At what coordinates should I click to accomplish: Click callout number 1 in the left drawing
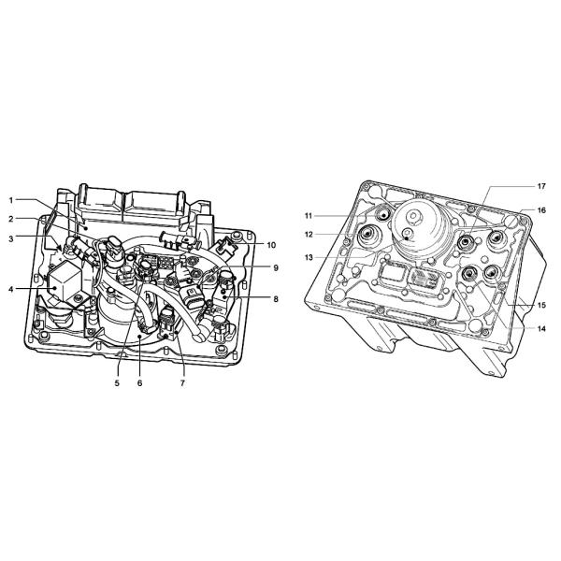(10, 200)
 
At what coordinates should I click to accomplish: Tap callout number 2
(10, 219)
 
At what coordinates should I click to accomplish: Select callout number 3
(10, 238)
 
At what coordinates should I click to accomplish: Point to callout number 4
(10, 289)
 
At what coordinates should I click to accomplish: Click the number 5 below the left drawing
(117, 383)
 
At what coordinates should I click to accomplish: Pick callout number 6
(139, 383)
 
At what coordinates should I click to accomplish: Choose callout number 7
(182, 383)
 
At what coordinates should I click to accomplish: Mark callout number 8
(276, 299)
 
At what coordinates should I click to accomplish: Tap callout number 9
(276, 268)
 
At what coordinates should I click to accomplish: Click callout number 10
(271, 245)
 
